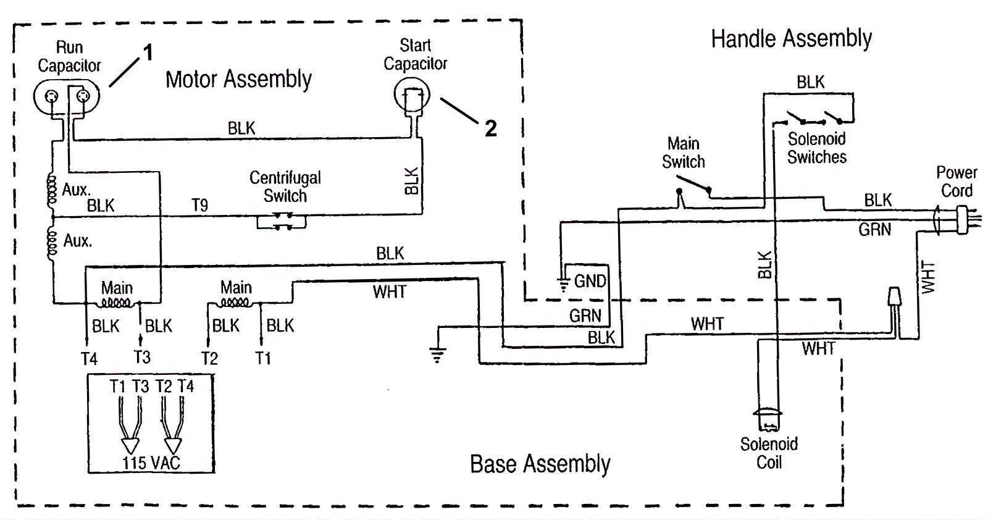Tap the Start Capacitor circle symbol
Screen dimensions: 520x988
[412, 97]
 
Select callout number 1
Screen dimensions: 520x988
[148, 53]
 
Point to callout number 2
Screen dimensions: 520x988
[490, 128]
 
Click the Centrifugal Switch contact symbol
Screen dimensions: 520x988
[282, 221]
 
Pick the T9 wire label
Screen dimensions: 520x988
[199, 206]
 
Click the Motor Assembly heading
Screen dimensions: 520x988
[238, 80]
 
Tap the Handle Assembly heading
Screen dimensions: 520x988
[791, 39]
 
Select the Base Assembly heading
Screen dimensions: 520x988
[540, 464]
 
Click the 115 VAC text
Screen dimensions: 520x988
[151, 463]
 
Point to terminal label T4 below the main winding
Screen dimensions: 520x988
[89, 359]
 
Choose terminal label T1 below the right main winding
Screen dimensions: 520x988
[263, 359]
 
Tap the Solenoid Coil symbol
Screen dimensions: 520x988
[768, 420]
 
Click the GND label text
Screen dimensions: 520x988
[590, 282]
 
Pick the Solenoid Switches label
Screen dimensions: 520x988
[816, 148]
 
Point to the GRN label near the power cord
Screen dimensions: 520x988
[874, 230]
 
